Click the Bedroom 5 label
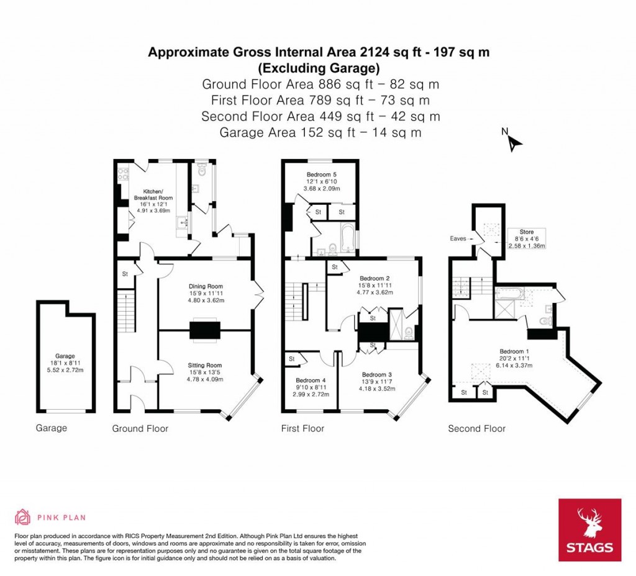[321, 174]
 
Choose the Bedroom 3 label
[376, 374]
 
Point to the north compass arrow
[514, 142]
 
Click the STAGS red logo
[589, 530]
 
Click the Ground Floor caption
[140, 428]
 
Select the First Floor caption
[302, 428]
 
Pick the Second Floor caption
[476, 428]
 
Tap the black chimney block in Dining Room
[204, 330]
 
